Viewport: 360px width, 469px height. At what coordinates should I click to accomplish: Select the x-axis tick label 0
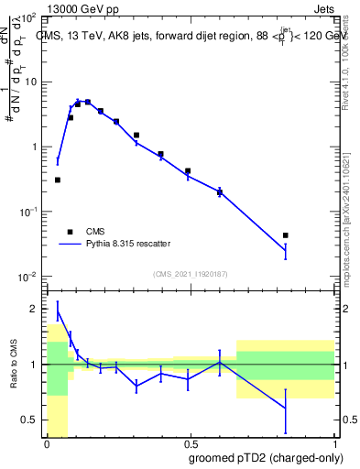tap(46, 445)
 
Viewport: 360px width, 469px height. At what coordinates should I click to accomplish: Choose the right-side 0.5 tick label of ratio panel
tap(348, 420)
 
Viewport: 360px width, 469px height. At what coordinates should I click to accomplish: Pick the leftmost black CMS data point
tap(57, 180)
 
